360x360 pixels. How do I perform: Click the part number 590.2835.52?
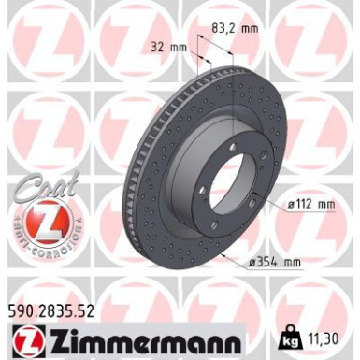tap(57, 307)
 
